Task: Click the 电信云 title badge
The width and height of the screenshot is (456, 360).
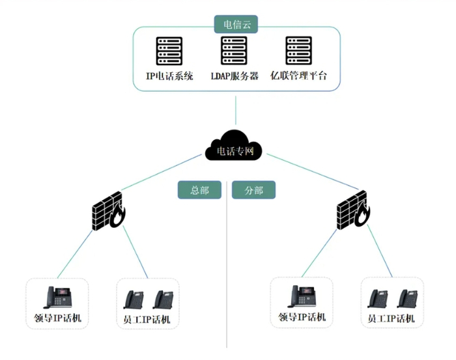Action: (x=236, y=24)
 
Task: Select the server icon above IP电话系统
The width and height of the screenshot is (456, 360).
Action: (x=169, y=51)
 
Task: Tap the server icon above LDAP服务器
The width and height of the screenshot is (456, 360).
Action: (x=234, y=51)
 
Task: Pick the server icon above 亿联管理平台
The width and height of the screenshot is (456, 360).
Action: (x=298, y=51)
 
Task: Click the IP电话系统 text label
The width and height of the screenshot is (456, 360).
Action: (x=169, y=76)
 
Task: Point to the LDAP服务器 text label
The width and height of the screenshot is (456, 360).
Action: (x=235, y=76)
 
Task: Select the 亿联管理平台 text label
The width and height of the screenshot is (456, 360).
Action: (x=298, y=76)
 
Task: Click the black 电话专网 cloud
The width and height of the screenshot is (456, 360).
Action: (x=233, y=146)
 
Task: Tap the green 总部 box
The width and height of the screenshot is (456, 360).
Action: (x=199, y=190)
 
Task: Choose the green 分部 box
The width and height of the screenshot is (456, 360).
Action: (x=253, y=190)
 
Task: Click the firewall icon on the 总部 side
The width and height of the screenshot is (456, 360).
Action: (x=109, y=211)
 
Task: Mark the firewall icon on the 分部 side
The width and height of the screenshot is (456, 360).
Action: (x=353, y=210)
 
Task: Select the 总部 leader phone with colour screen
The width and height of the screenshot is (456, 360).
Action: (x=57, y=298)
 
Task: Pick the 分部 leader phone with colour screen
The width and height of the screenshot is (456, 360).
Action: (x=302, y=296)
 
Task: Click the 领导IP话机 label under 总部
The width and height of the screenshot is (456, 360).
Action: (x=57, y=318)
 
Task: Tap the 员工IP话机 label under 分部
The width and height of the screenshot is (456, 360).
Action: (x=391, y=318)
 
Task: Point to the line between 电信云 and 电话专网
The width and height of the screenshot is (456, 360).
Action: (x=236, y=111)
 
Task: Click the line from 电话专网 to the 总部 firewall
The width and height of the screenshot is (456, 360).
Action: (x=162, y=172)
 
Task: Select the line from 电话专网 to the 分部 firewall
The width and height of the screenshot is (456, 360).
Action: (x=313, y=171)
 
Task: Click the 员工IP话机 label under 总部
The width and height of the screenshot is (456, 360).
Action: (x=147, y=320)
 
